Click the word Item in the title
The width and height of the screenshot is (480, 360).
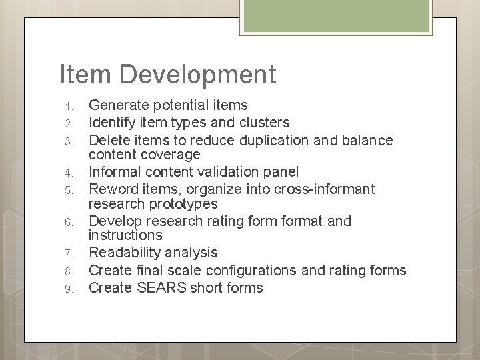pyautogui.click(x=81, y=74)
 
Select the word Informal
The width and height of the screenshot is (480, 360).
pyautogui.click(x=115, y=172)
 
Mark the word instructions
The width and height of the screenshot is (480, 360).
pyautogui.click(x=125, y=235)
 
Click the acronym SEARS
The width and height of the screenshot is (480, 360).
pyautogui.click(x=155, y=288)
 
